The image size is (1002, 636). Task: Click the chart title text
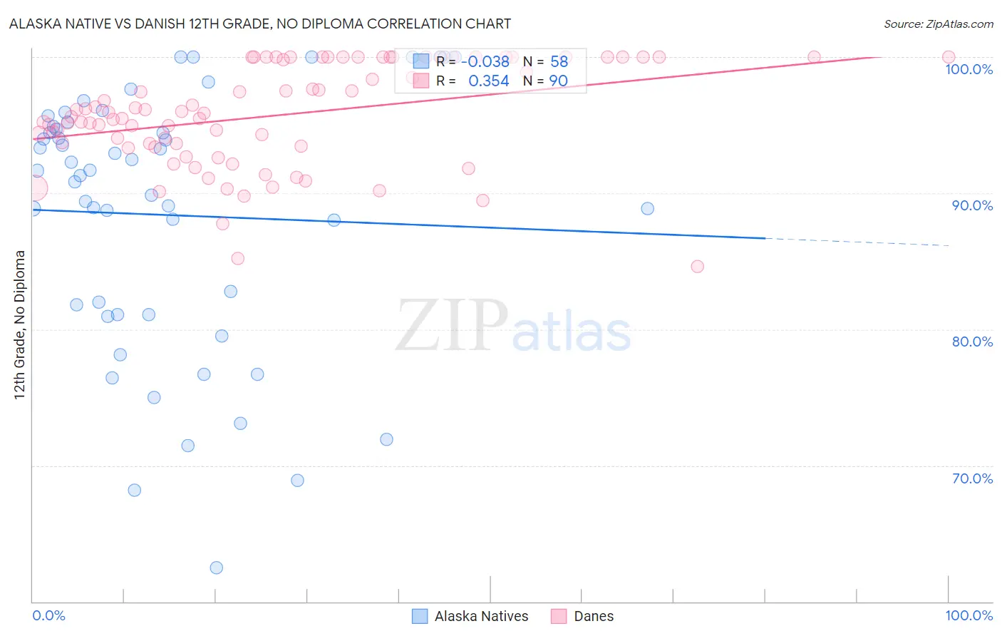(260, 24)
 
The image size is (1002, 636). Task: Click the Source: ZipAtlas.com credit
(938, 24)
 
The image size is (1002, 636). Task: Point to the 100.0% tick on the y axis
(969, 69)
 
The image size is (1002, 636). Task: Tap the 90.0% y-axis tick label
(972, 205)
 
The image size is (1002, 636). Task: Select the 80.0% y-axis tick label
(972, 342)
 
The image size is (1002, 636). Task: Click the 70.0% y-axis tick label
(972, 478)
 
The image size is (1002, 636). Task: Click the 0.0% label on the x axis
(48, 615)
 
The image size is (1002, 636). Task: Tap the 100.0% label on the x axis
(969, 615)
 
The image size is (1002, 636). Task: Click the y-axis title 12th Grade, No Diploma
(20, 324)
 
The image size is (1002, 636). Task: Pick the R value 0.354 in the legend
(488, 81)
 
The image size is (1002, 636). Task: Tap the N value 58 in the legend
(559, 62)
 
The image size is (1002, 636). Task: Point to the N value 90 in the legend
(558, 81)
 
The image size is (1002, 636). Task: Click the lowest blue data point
(216, 568)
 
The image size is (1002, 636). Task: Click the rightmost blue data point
(647, 208)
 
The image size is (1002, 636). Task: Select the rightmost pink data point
(948, 57)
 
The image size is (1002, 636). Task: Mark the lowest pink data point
(697, 266)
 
